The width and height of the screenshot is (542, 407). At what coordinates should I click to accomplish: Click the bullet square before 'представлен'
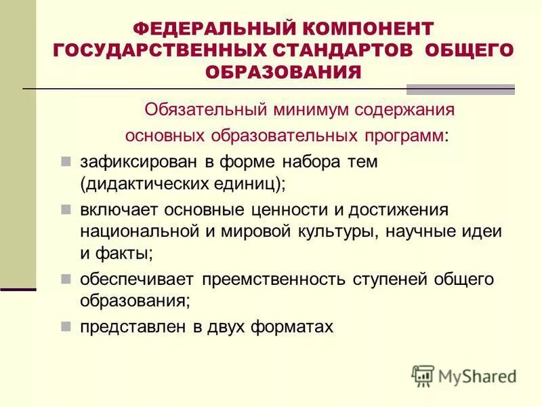[66, 326]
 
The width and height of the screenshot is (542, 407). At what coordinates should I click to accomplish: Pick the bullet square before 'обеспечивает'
[66, 279]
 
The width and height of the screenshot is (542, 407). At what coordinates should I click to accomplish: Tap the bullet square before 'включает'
[66, 210]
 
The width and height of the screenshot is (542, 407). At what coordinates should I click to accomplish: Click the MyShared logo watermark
[465, 375]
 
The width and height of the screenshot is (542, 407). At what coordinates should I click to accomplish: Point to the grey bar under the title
[460, 89]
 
